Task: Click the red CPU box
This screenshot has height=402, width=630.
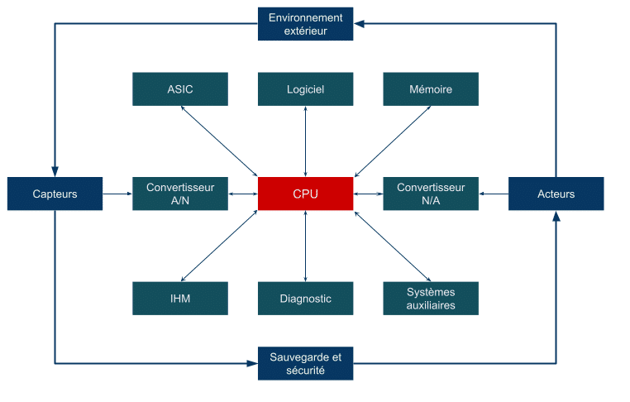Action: [305, 194]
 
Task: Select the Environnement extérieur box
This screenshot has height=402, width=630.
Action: [305, 24]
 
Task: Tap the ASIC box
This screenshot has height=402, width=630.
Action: [180, 89]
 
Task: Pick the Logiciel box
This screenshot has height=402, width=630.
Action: [305, 89]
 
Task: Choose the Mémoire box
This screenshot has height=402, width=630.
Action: [431, 89]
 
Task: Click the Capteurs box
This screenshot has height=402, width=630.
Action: [55, 194]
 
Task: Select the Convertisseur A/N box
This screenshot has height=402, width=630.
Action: [180, 194]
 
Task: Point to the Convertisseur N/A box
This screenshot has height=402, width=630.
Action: [431, 194]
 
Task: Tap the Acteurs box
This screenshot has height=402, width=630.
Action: [556, 194]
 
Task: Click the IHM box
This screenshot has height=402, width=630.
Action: [180, 299]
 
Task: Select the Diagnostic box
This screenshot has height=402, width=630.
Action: [305, 299]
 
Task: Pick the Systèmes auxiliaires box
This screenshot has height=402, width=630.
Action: [431, 299]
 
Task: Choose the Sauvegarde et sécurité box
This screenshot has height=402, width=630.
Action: [305, 364]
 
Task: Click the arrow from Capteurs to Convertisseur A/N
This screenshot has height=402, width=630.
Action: [118, 194]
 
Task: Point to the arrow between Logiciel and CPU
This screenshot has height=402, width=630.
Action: [305, 141]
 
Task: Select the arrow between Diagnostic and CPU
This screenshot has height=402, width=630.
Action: [305, 246]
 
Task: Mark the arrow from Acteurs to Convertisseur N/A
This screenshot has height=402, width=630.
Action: [494, 194]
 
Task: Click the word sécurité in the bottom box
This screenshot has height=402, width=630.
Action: [305, 371]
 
